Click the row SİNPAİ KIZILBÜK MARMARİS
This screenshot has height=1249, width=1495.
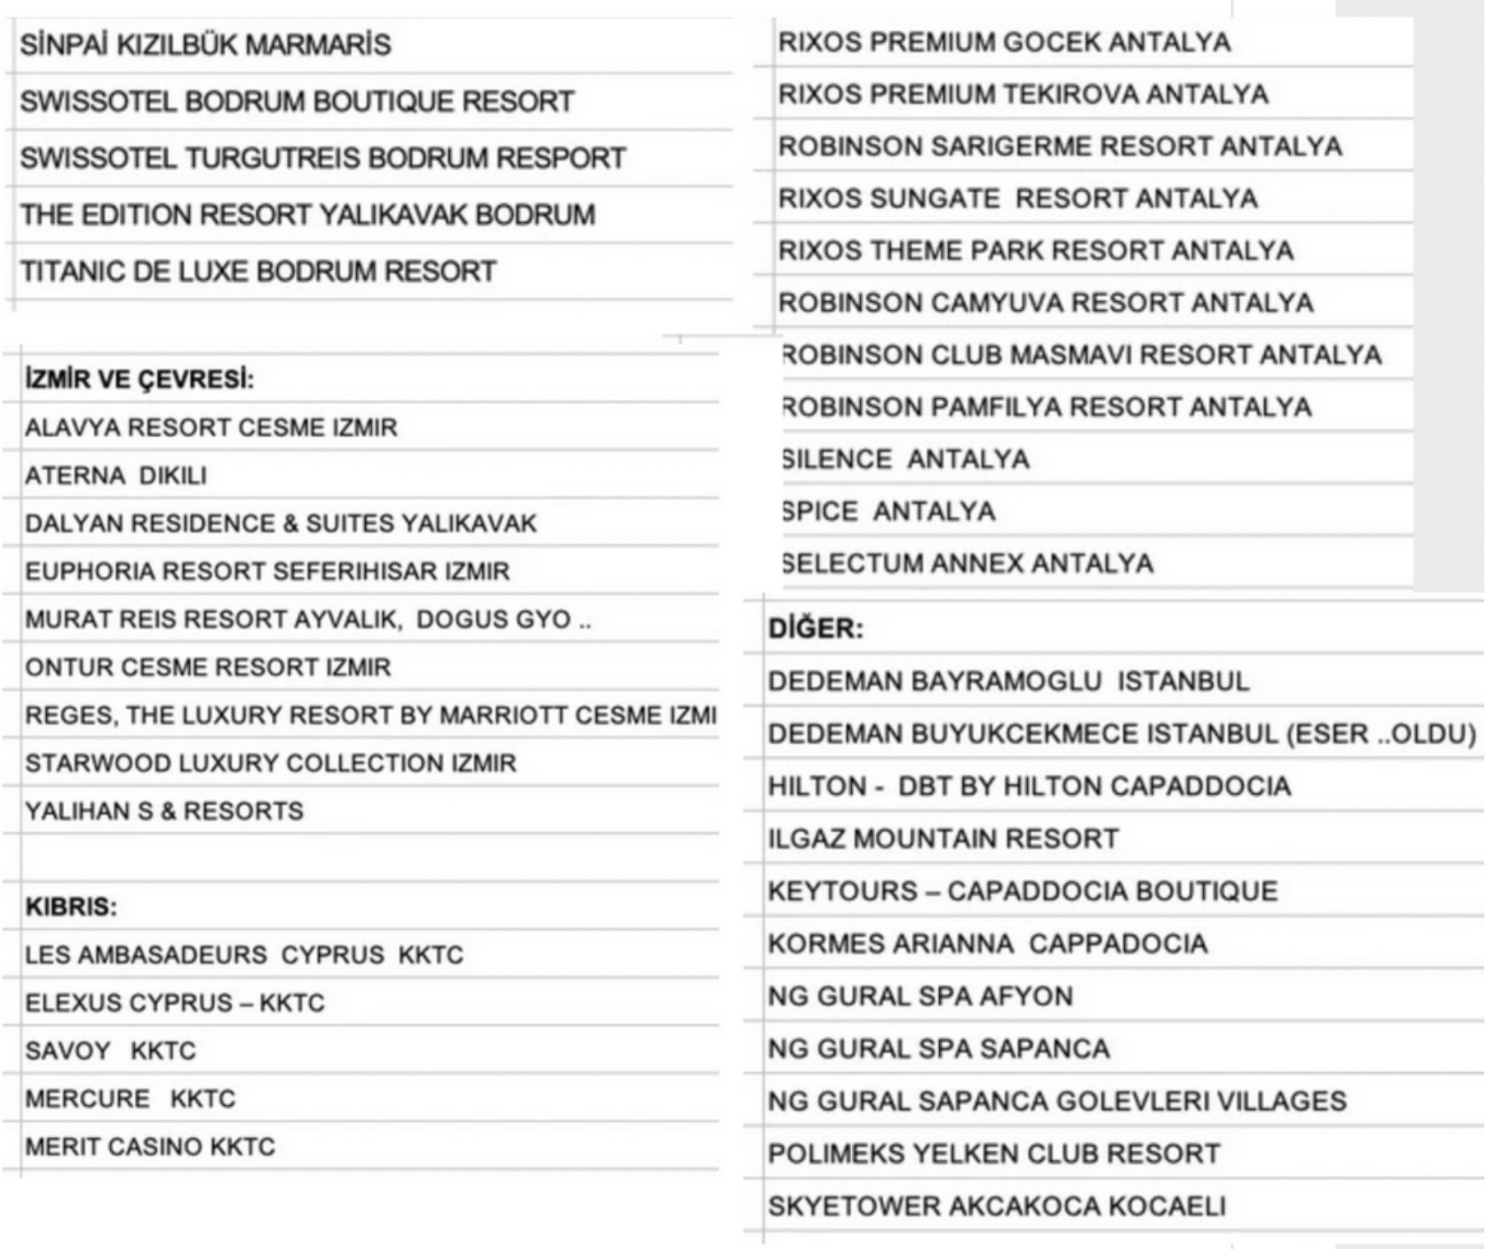[x=206, y=44]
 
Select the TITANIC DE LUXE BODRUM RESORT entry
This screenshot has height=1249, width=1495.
[x=258, y=272]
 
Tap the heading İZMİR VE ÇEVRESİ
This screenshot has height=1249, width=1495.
[x=140, y=379]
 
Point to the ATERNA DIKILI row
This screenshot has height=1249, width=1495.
[x=116, y=476]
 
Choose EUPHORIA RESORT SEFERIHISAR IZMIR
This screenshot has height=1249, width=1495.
[x=267, y=571]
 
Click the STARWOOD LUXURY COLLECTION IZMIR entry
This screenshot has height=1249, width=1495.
[x=271, y=764]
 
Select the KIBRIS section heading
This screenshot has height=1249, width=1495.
[x=72, y=907]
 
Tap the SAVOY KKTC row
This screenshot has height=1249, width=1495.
[x=110, y=1051]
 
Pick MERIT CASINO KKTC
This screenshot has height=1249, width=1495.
[x=150, y=1147]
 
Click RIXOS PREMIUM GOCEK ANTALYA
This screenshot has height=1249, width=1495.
[x=1004, y=42]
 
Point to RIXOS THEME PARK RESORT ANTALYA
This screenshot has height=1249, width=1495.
[x=1035, y=250]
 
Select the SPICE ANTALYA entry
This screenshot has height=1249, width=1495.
[x=888, y=512]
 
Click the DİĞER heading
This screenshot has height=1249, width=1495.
[x=816, y=629]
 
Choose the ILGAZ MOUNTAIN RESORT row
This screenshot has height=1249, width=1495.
[x=943, y=839]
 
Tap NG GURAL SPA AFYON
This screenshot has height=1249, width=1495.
[x=920, y=996]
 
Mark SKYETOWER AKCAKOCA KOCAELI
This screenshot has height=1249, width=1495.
[x=997, y=1206]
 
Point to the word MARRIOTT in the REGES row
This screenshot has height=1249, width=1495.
[x=503, y=716]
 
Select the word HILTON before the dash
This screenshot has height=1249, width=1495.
[x=817, y=787]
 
